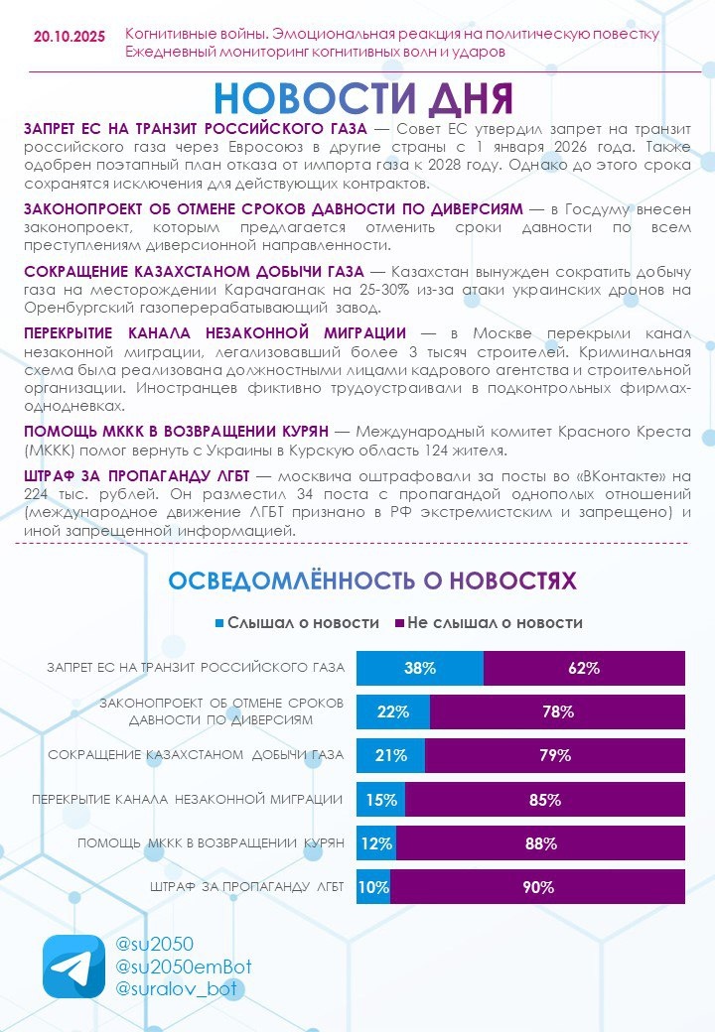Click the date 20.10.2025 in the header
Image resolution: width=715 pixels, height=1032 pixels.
click(x=69, y=36)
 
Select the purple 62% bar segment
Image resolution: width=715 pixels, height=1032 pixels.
click(x=584, y=668)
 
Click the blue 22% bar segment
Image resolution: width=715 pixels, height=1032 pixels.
click(x=393, y=711)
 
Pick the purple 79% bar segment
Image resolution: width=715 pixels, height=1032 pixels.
click(x=555, y=755)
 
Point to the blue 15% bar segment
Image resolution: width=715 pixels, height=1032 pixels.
click(x=381, y=799)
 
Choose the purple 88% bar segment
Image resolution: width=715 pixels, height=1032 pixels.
click(x=540, y=842)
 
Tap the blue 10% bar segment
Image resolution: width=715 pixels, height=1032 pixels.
click(x=373, y=887)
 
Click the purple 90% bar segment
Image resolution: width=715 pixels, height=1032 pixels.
click(x=537, y=887)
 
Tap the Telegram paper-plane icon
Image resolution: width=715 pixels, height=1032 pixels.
click(x=72, y=966)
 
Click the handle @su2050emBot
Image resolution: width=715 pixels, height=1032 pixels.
click(x=183, y=967)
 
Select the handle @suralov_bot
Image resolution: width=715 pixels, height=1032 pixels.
click(x=179, y=988)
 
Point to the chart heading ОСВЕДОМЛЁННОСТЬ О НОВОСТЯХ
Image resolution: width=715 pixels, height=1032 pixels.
click(x=371, y=580)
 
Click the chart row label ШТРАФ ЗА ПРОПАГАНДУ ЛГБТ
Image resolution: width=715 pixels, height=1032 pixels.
click(x=247, y=887)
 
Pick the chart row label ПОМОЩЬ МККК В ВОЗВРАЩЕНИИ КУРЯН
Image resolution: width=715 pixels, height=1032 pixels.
click(x=211, y=842)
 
